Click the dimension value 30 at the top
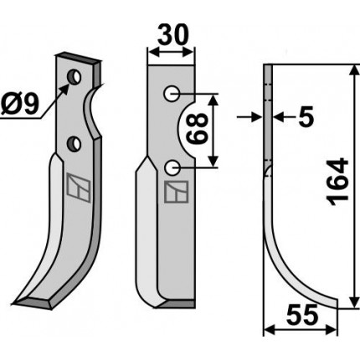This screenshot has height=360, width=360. [173, 35]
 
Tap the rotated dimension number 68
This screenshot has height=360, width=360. [198, 128]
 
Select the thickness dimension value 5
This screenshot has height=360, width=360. [306, 117]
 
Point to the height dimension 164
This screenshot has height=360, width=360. [338, 183]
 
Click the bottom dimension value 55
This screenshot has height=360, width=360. [302, 315]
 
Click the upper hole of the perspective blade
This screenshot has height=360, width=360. [75, 77]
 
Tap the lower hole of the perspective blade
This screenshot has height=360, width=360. [74, 143]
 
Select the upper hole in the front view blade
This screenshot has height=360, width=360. [172, 94]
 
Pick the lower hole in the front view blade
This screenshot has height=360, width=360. [172, 167]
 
